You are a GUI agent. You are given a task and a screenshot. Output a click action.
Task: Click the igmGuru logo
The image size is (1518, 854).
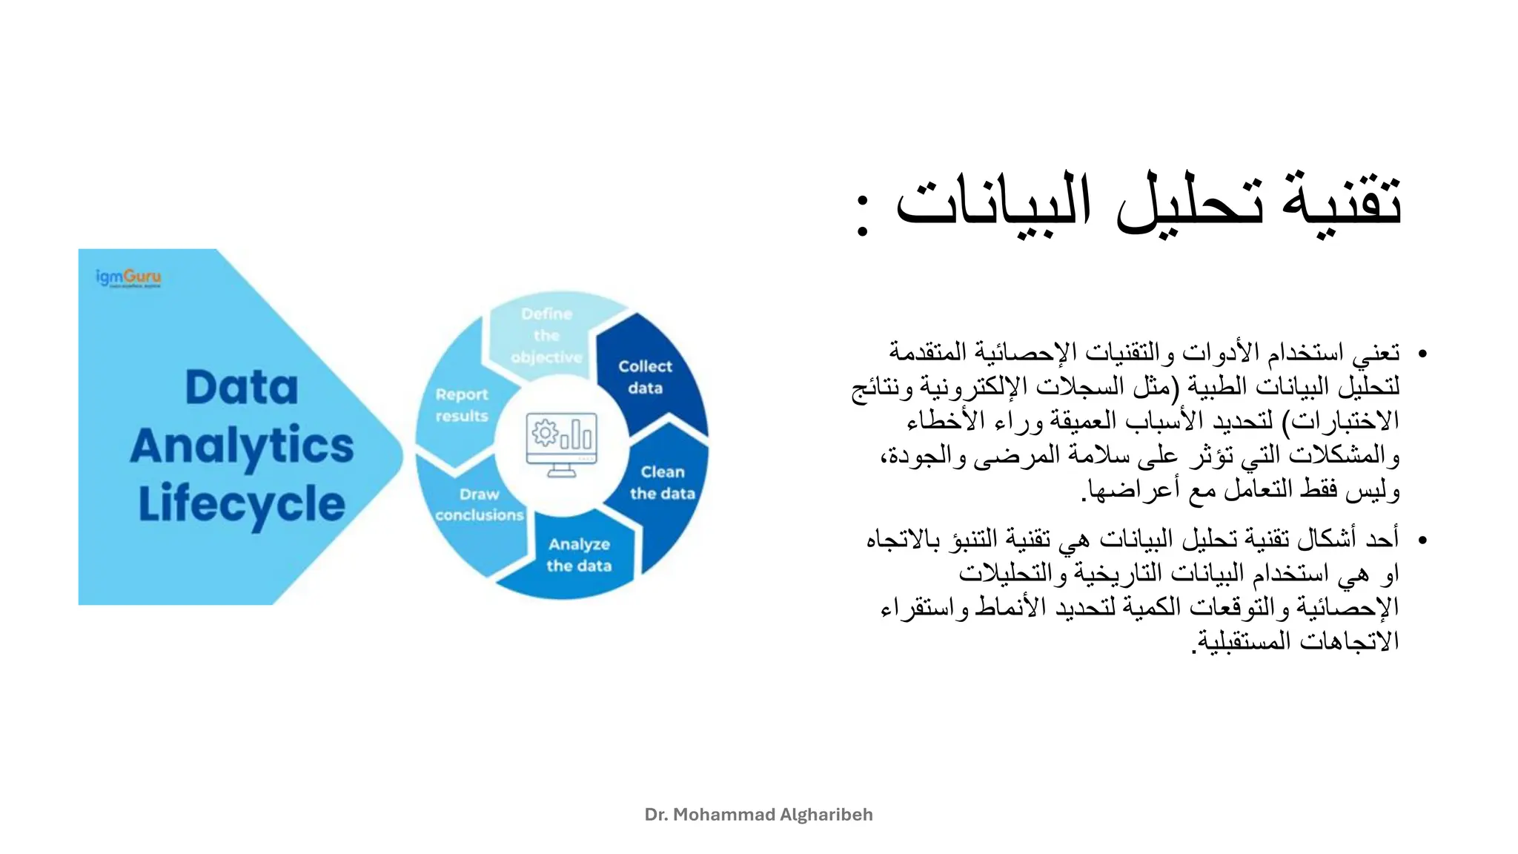tap(128, 278)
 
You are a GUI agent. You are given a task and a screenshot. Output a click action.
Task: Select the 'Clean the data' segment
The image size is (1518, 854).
tap(663, 483)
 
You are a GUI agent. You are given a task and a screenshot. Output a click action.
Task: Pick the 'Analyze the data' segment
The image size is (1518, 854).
tap(579, 555)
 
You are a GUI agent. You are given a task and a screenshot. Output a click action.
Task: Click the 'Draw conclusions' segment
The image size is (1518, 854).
tap(479, 504)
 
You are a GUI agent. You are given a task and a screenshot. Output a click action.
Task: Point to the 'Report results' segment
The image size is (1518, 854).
tap(461, 406)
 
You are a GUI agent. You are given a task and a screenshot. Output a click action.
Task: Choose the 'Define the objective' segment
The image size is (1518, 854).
tap(546, 335)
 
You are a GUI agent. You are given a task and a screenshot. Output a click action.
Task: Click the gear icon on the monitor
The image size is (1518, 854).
tap(545, 432)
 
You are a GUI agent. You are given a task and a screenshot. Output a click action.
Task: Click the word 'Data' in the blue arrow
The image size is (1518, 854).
tap(242, 387)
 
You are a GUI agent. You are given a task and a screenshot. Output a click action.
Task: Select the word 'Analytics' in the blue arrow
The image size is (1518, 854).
tap(242, 446)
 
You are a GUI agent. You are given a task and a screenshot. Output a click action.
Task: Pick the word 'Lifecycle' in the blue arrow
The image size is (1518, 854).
tap(242, 504)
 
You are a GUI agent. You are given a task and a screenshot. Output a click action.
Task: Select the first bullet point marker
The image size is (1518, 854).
tap(1422, 354)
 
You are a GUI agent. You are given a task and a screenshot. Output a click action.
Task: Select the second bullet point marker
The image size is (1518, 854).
tap(1422, 540)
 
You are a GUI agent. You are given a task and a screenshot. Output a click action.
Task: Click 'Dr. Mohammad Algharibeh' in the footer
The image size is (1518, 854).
tap(758, 815)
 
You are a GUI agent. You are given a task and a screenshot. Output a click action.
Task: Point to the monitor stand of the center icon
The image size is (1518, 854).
tap(562, 471)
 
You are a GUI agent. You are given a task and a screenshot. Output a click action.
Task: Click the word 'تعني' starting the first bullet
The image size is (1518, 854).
tap(1376, 353)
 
